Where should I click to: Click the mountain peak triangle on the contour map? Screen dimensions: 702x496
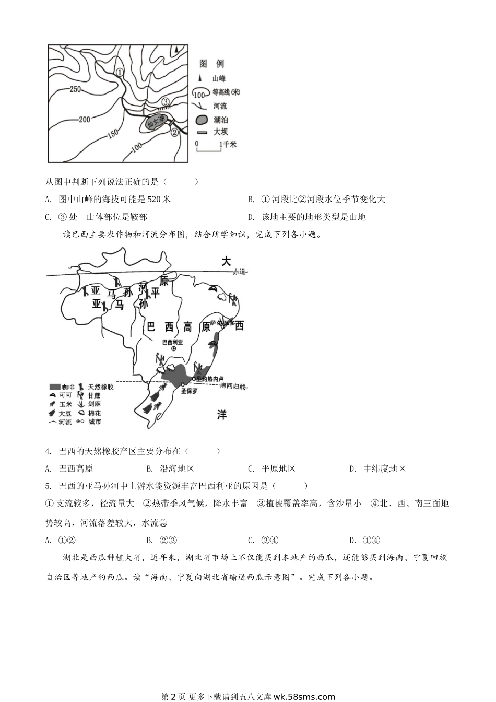coord(178,49)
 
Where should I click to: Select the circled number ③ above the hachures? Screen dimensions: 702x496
coord(166,102)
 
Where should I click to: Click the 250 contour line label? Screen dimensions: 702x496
coord(75,89)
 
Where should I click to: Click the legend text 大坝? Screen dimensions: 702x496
coord(220,132)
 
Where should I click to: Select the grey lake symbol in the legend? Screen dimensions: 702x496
coord(202,120)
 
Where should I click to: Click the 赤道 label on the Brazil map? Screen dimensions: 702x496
coord(240,272)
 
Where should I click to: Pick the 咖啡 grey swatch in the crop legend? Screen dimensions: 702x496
coord(54,387)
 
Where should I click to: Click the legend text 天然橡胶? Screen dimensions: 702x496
coord(101,387)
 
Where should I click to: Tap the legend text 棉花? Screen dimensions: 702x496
coord(95,413)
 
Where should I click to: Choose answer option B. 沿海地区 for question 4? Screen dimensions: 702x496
coord(170,469)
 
